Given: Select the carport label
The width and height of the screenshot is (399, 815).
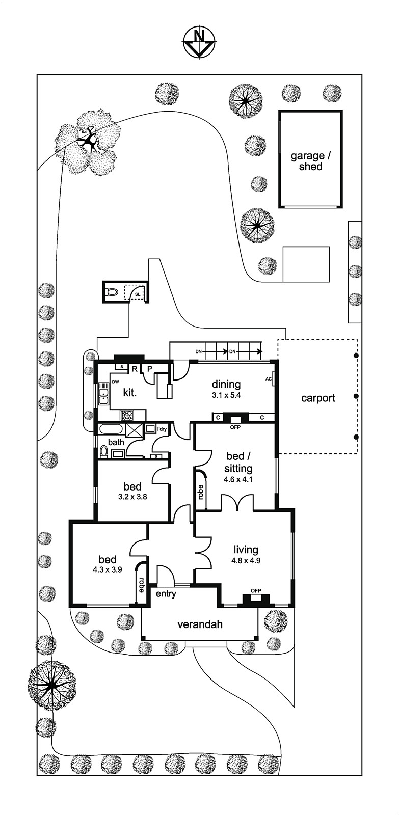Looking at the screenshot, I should [x=318, y=398].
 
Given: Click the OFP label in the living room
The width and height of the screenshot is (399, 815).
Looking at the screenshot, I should [x=256, y=591].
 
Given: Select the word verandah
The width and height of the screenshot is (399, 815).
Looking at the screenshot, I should [x=200, y=624].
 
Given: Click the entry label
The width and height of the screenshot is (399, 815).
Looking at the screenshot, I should [x=166, y=593].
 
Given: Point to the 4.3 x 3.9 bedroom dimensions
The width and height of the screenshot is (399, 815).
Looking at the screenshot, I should [x=107, y=570].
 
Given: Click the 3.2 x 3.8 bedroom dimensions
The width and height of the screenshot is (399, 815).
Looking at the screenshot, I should [x=132, y=497].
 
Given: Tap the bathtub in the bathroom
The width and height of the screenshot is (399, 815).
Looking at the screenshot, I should [x=111, y=429].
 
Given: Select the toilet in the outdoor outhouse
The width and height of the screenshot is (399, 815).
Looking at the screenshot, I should [x=112, y=292].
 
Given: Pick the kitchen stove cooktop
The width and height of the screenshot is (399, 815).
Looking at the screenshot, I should [x=126, y=415].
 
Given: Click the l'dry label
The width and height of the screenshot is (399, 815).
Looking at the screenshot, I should [x=162, y=429].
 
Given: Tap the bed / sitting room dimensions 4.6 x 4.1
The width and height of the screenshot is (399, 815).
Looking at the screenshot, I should [x=238, y=479].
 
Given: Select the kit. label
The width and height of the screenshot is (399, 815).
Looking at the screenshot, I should [x=129, y=393].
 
